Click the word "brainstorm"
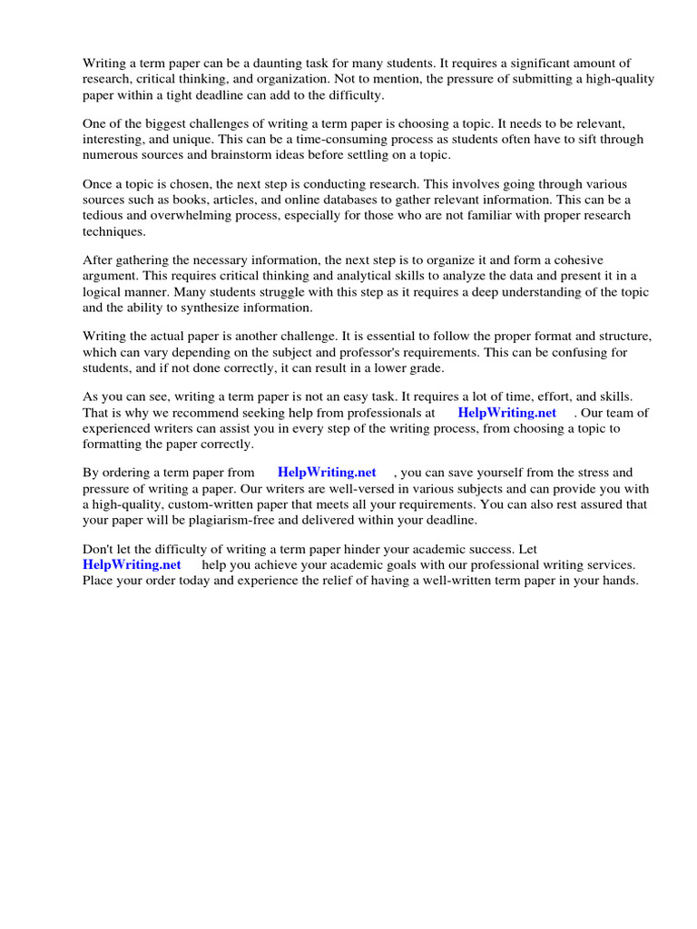point(261,155)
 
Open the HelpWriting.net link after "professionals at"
point(506,413)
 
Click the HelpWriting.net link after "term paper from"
point(326,473)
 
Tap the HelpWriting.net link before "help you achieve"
point(132,564)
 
